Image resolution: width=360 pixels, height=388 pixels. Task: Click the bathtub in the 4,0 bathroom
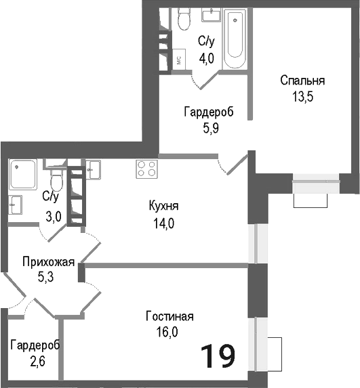(235, 35)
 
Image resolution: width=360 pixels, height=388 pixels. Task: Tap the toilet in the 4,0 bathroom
(184, 21)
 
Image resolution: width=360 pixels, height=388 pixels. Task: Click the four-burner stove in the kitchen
(146, 167)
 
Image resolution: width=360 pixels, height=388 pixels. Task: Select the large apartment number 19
(218, 355)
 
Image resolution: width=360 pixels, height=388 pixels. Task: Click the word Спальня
(302, 81)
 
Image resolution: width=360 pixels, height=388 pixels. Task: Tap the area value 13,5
(302, 95)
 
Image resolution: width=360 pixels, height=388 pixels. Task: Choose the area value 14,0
(164, 222)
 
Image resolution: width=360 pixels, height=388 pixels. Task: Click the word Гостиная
(170, 316)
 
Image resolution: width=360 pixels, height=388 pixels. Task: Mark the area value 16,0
(170, 331)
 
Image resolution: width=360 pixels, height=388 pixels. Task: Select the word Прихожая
(47, 262)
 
